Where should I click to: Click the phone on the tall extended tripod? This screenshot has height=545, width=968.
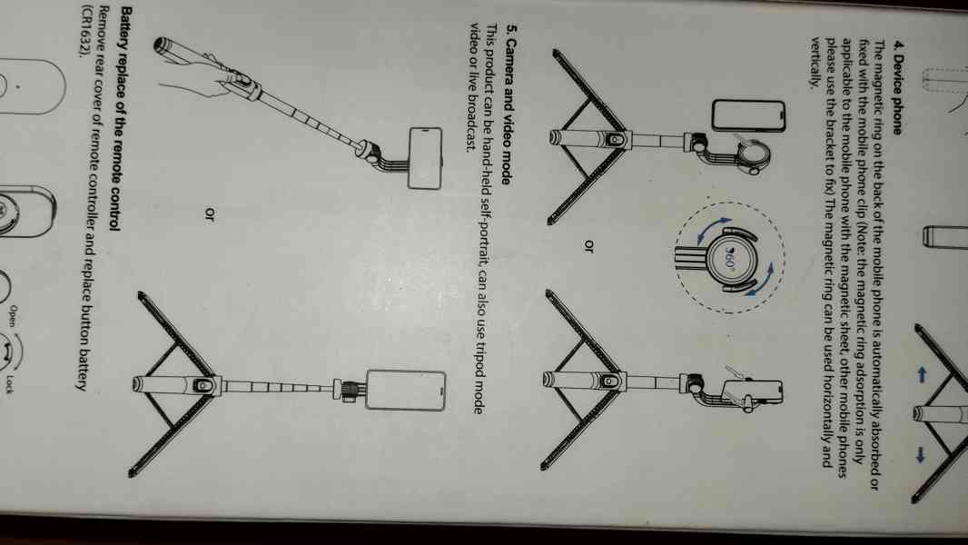click(408, 389)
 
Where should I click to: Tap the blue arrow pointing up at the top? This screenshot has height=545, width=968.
click(921, 373)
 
